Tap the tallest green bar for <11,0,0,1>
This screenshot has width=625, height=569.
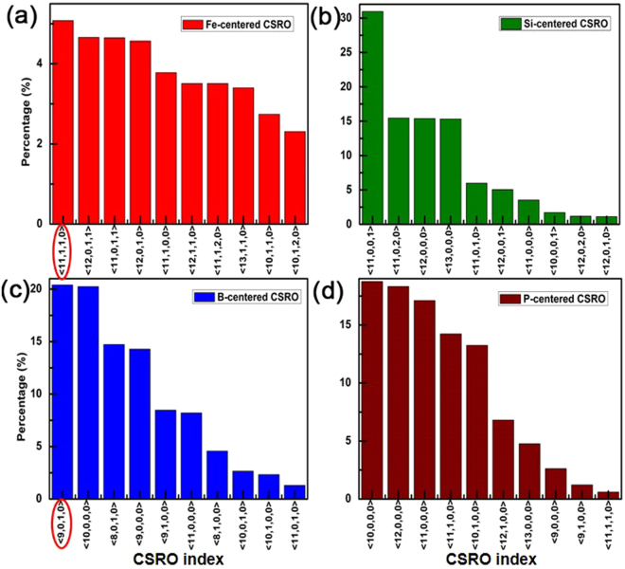tap(373, 118)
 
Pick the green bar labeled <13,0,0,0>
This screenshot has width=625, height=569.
tap(451, 171)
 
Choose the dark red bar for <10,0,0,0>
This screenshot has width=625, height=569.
tap(373, 389)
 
